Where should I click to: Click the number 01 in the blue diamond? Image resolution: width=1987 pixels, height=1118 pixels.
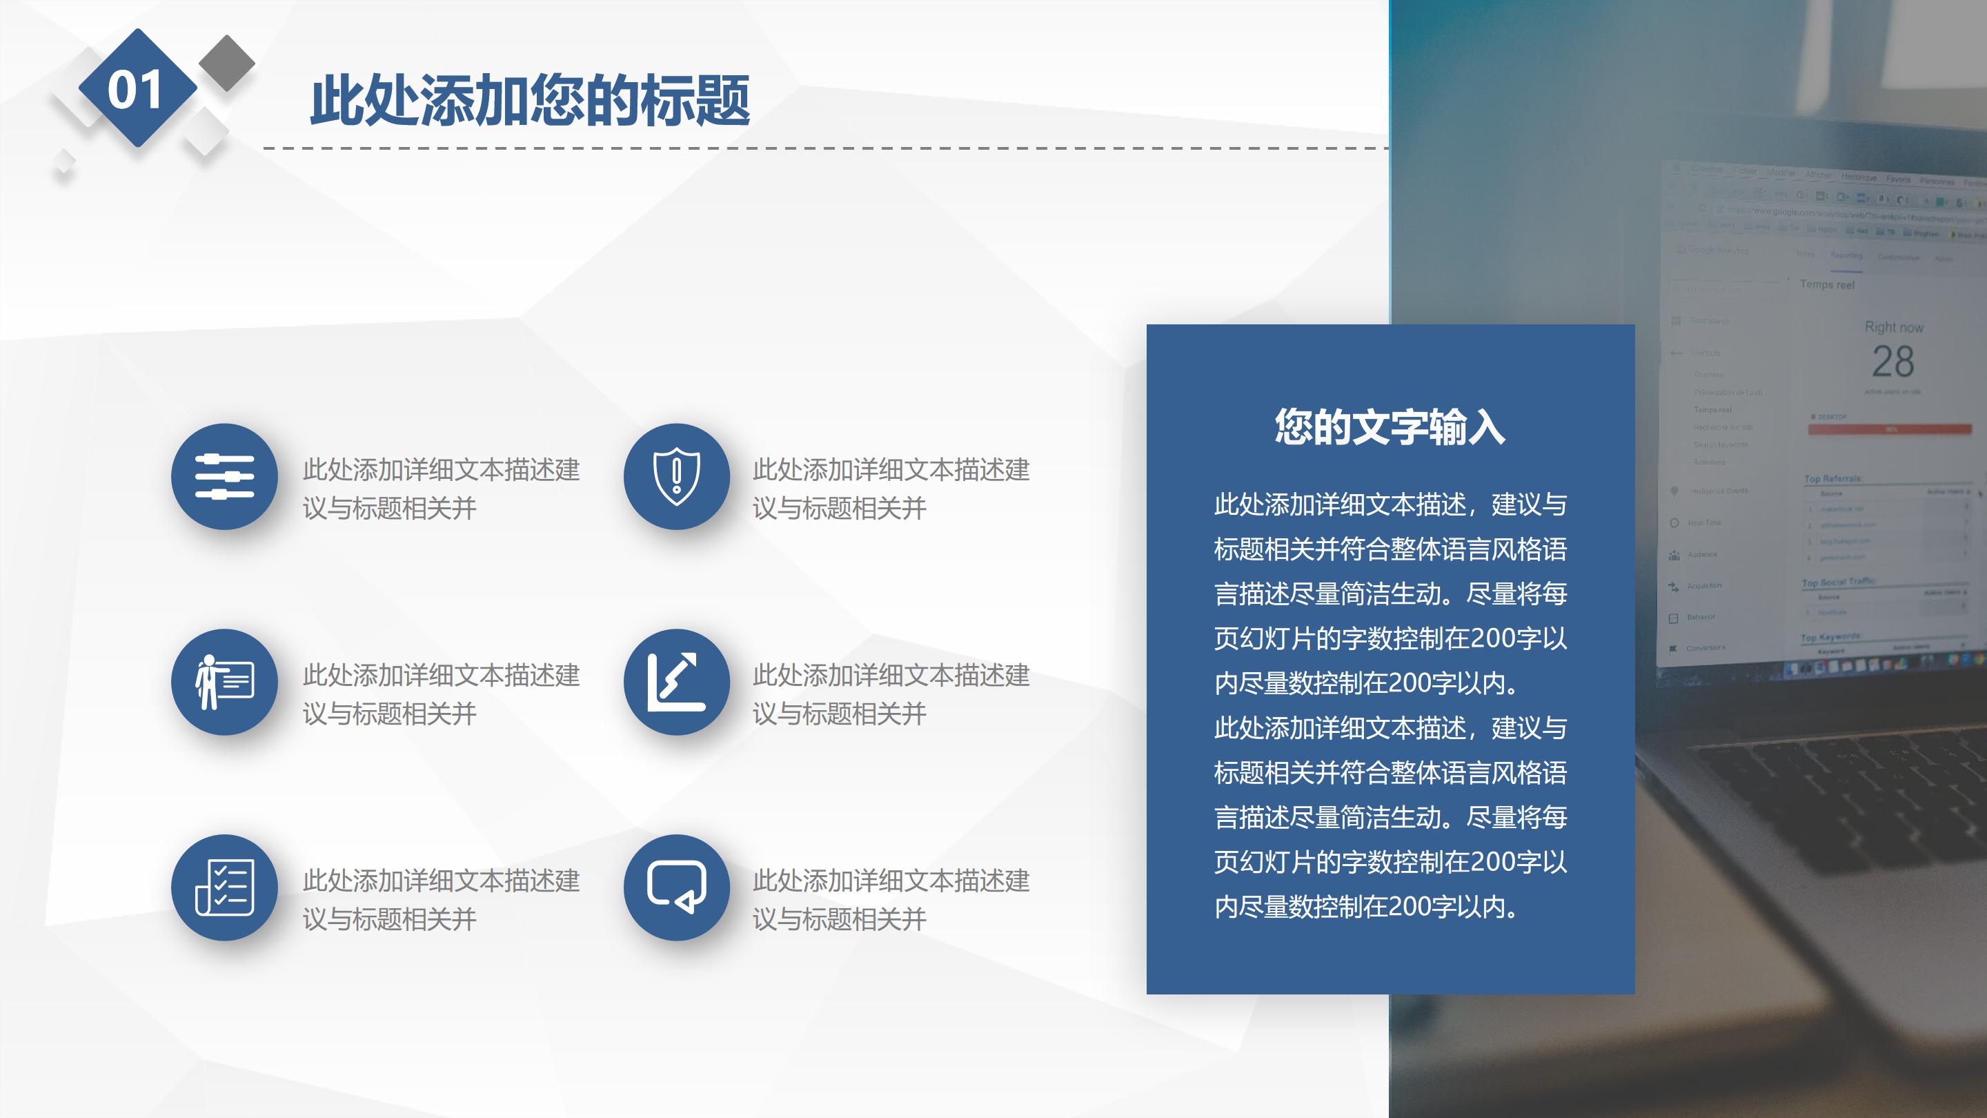click(x=136, y=89)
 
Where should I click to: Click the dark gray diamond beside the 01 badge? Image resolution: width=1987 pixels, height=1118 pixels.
click(x=227, y=63)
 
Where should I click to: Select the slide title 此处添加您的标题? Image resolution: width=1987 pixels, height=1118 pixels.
click(x=530, y=100)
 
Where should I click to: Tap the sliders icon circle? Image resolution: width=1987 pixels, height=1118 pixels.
click(x=224, y=477)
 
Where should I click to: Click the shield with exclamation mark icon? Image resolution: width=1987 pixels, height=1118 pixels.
click(x=676, y=477)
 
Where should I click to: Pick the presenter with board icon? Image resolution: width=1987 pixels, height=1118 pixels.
click(x=224, y=682)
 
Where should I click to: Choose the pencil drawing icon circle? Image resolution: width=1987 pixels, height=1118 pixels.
click(x=676, y=682)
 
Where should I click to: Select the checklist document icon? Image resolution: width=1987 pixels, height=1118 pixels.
click(x=224, y=887)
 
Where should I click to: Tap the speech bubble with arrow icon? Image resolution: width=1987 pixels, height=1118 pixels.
click(x=676, y=887)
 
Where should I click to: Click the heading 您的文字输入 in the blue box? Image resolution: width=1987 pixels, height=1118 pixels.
click(x=1390, y=426)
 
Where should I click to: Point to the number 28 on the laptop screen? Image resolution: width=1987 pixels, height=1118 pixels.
click(x=1893, y=362)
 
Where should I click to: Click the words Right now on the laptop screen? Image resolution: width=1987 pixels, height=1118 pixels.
click(x=1894, y=327)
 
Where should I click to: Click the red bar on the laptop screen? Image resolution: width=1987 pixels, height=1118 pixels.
click(x=1889, y=430)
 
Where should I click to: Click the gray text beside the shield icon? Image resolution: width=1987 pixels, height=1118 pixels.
click(x=891, y=489)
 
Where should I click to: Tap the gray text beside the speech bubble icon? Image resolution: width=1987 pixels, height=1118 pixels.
click(x=891, y=900)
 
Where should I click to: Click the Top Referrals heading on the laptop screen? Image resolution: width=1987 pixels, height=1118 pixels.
click(x=1832, y=479)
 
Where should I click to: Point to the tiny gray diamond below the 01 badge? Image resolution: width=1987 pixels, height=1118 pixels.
click(x=64, y=163)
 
